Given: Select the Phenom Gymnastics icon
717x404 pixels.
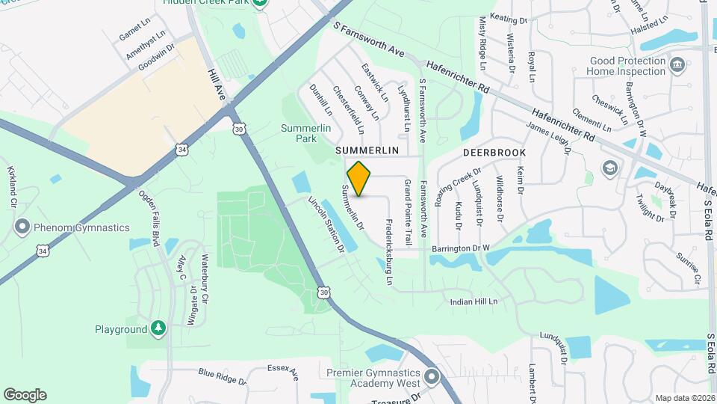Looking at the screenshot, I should tap(22, 227).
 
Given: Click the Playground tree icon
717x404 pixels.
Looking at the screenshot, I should tap(158, 328).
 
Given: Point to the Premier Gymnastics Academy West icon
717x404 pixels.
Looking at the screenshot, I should tap(431, 376).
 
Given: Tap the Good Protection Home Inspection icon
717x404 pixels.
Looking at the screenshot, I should tap(677, 65).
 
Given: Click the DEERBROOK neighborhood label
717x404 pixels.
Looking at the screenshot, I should tap(494, 153).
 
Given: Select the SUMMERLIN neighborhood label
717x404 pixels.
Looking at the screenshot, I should tap(367, 150).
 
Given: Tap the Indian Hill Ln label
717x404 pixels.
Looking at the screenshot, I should tap(473, 302).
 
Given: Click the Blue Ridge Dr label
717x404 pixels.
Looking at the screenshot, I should tap(222, 376).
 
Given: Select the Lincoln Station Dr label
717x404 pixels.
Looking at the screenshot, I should tap(326, 224).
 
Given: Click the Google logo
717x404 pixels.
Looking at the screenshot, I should tap(25, 395).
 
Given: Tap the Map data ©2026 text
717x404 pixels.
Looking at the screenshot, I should tap(684, 398).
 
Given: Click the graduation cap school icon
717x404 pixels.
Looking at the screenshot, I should tap(609, 167).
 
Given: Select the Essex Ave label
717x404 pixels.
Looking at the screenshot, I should tap(283, 371).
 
